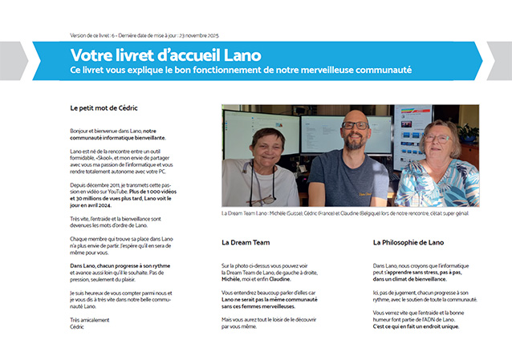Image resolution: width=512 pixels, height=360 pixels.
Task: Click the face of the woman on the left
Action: point(266,146)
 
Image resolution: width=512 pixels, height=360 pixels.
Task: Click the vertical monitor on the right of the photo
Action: point(411,132)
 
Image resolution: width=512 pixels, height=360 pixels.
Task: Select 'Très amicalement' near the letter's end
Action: point(87,320)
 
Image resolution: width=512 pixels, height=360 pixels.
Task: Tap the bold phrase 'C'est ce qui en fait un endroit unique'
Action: point(417,326)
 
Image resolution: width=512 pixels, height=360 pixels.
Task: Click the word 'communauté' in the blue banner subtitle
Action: point(376,71)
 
